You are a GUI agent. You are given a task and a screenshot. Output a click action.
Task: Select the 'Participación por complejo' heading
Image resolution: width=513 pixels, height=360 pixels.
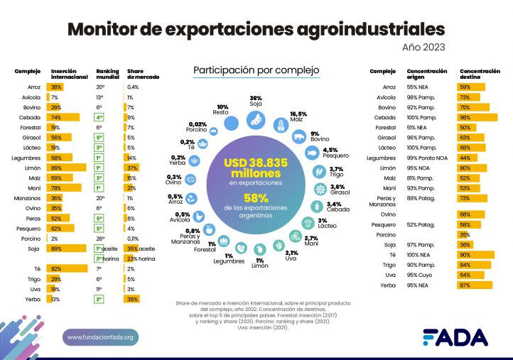(256, 70)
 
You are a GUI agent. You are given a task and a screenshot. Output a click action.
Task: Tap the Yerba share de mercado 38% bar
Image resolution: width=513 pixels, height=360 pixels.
(133, 300)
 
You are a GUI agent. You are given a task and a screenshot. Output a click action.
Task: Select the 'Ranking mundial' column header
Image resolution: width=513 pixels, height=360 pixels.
(107, 75)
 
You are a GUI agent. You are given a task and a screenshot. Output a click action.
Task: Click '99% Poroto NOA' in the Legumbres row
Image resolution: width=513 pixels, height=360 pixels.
(427, 157)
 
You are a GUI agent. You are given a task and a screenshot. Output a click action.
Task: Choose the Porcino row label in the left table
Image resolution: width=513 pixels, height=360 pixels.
(28, 239)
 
